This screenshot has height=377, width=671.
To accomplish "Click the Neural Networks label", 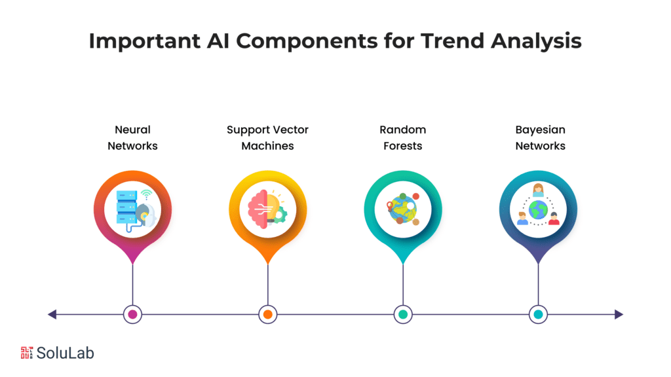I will (132, 138).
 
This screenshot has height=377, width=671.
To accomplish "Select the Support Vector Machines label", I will (267, 138).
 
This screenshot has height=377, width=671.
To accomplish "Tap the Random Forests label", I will (402, 138).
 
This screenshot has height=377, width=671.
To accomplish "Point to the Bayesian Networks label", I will (540, 138).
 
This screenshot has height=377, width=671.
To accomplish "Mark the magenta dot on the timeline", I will (132, 315).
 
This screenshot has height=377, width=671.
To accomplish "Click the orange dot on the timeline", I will (267, 315).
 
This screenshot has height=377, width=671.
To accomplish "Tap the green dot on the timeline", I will (402, 315).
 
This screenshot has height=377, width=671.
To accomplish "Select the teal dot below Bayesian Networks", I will (538, 315).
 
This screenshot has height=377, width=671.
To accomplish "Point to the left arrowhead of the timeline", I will (52, 315).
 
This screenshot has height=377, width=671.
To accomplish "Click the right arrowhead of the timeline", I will (618, 315).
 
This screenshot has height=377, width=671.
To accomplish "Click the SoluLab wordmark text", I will (66, 353).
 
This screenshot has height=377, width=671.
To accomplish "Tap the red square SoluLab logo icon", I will (27, 353).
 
